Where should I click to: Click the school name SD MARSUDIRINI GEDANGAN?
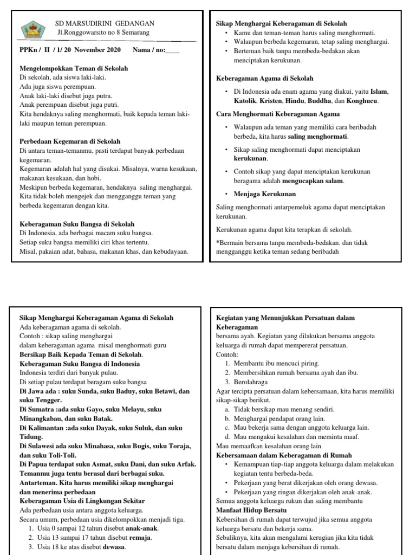(x=106, y=23)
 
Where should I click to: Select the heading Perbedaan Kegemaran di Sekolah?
(x=70, y=141)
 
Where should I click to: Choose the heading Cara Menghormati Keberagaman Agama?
(x=278, y=114)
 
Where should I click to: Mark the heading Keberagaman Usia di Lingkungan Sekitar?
(x=82, y=500)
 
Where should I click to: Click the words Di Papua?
(x=33, y=464)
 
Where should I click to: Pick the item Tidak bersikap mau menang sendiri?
(x=284, y=409)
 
